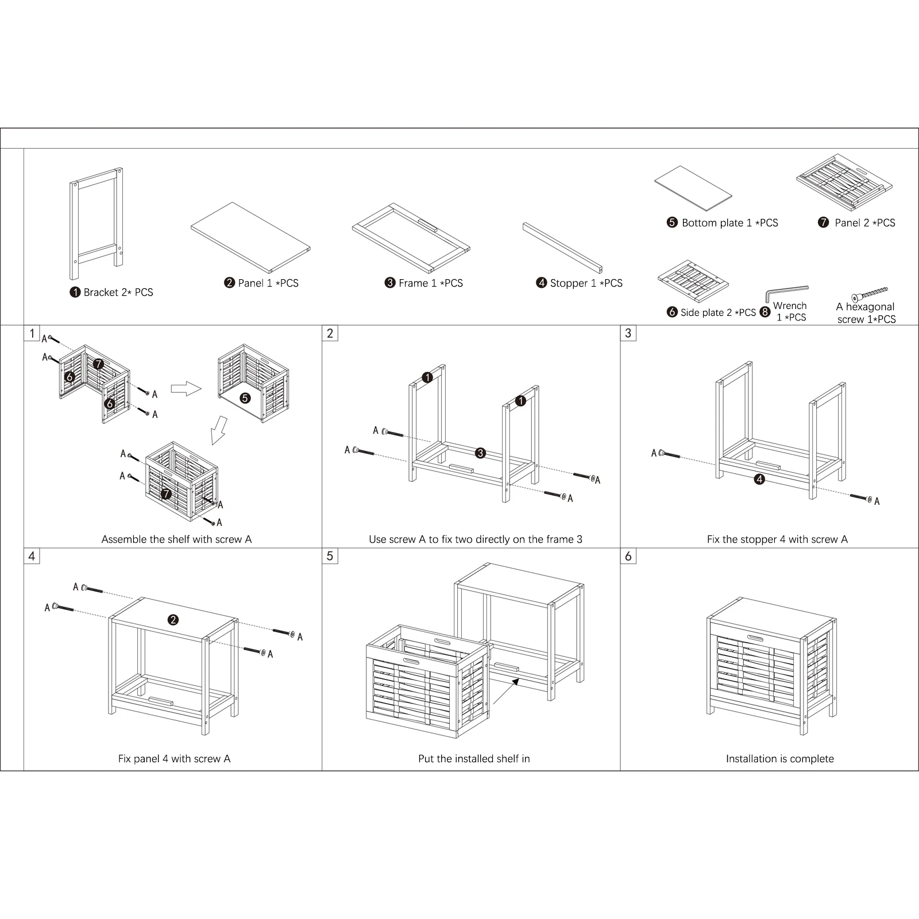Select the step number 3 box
(x=628, y=333)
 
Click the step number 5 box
(x=330, y=556)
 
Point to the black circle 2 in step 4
(x=173, y=619)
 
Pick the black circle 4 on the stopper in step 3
(x=759, y=479)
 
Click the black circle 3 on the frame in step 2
(x=481, y=453)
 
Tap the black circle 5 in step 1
(x=245, y=397)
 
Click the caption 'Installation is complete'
(x=779, y=759)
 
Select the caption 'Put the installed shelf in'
(x=474, y=759)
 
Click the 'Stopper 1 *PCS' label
(x=580, y=283)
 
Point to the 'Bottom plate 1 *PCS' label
(x=723, y=223)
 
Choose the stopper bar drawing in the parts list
(x=563, y=248)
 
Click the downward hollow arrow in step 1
(x=219, y=430)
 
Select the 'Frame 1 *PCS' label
(x=423, y=283)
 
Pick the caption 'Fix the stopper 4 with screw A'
(x=777, y=539)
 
